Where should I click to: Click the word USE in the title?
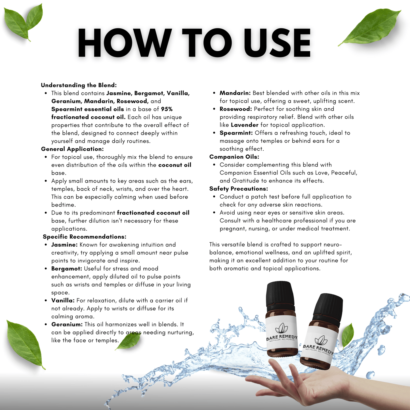pos(277,43)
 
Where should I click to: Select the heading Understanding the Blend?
pos(79,85)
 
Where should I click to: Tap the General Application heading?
pos(72,149)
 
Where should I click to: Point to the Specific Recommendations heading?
pos(85,237)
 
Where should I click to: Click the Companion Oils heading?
pos(234,157)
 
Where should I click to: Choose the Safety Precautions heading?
pos(239,189)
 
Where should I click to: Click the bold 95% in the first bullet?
pos(167,109)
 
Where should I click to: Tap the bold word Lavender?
pos(245,125)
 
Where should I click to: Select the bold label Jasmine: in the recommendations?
pos(64,245)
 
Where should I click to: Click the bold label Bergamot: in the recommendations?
pos(67,268)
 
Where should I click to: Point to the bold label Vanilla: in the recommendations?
pos(63,300)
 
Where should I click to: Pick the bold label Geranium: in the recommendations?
pos(67,325)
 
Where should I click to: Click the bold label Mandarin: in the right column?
pos(235,93)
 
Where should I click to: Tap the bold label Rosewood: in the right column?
pos(236,109)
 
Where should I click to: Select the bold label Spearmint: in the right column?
pos(236,133)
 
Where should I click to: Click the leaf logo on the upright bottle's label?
pos(281,328)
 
